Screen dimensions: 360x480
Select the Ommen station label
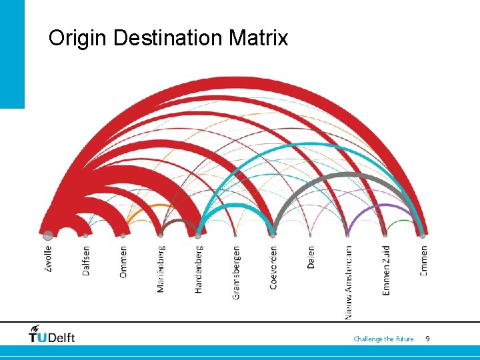123,262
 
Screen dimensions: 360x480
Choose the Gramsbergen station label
235,273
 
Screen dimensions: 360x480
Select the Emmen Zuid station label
386,270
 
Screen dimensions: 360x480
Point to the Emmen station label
423,260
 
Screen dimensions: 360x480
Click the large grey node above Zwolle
48,235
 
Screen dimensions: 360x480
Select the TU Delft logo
51,334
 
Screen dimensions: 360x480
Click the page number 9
427,339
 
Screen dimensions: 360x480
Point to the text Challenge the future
383,339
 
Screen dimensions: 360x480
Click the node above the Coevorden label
273,235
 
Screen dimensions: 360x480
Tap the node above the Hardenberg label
198,235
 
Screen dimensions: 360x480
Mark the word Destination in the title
169,38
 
